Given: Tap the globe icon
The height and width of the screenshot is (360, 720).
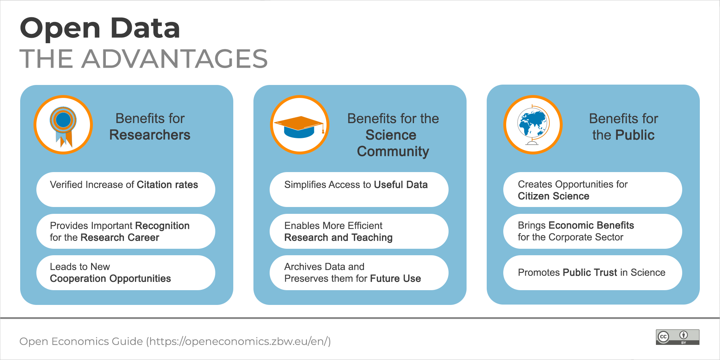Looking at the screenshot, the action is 533,125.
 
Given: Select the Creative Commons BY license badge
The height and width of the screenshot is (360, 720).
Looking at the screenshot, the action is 678,337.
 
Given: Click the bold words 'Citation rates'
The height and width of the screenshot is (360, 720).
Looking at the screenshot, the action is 167,185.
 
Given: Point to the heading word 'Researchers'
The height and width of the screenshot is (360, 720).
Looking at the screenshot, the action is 150,135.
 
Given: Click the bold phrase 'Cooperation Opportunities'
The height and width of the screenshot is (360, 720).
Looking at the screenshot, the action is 111,279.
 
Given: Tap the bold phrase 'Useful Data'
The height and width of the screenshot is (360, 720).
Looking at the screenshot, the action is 401,185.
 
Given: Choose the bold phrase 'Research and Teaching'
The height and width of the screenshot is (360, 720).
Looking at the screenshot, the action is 338,238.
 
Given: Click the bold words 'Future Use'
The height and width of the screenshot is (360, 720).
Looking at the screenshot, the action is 396,279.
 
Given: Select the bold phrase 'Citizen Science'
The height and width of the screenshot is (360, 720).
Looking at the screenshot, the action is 554,196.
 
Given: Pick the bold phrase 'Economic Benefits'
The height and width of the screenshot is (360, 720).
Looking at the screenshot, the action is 591,225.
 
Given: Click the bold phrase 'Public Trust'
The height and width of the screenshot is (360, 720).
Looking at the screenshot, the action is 590,273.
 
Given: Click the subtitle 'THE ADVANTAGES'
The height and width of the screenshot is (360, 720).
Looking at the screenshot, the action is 144,59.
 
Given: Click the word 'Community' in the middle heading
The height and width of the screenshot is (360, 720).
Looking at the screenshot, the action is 393,152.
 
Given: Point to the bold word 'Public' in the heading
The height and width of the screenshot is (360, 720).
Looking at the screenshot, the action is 635,135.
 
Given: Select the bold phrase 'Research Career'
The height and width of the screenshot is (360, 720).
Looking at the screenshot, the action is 120,238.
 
